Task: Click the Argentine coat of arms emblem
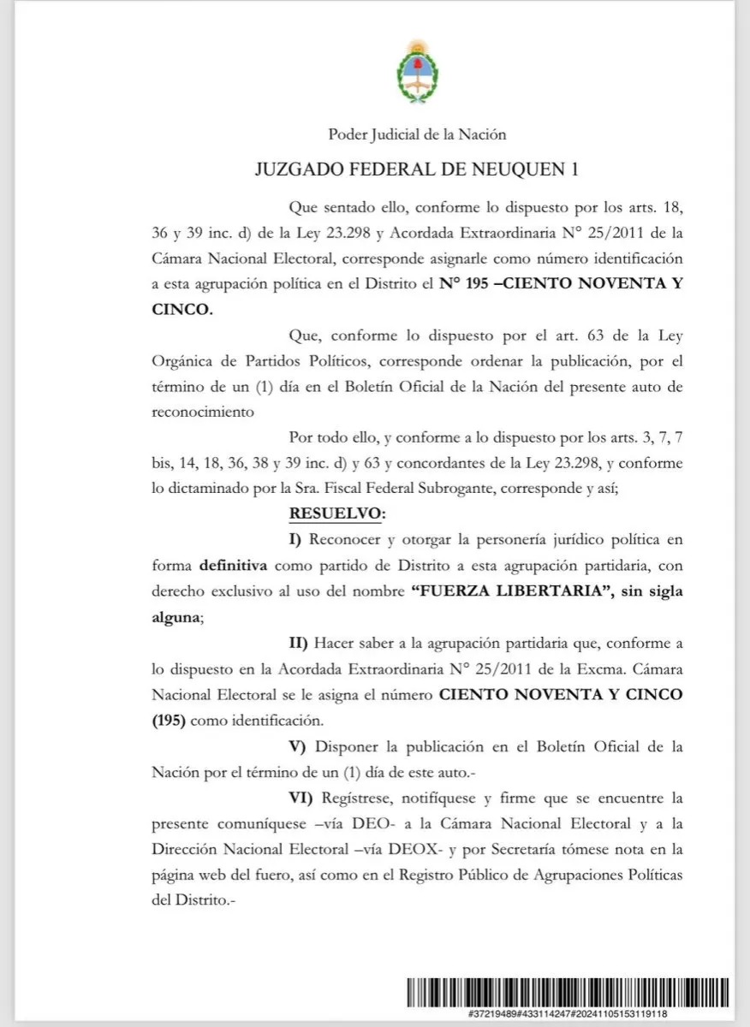click(417, 71)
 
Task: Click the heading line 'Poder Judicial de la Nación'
click(417, 134)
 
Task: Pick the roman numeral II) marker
click(301, 643)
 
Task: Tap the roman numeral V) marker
click(299, 746)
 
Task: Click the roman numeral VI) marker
click(301, 798)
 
